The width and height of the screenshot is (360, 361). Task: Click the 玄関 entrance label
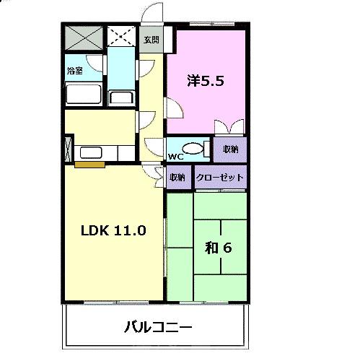click(151, 40)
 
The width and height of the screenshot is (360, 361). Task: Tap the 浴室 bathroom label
click(74, 71)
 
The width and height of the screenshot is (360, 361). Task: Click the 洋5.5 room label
click(206, 81)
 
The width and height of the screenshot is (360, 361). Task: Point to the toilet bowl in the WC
click(192, 149)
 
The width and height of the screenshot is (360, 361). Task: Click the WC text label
click(175, 157)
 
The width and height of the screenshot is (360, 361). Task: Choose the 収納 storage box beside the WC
click(230, 149)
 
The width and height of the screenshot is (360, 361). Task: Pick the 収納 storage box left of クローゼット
click(177, 177)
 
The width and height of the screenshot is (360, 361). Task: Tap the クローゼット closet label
click(220, 177)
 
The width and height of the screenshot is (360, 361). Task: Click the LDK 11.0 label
click(113, 231)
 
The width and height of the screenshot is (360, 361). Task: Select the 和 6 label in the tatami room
click(217, 248)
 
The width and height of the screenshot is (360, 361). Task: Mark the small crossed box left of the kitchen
click(68, 148)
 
